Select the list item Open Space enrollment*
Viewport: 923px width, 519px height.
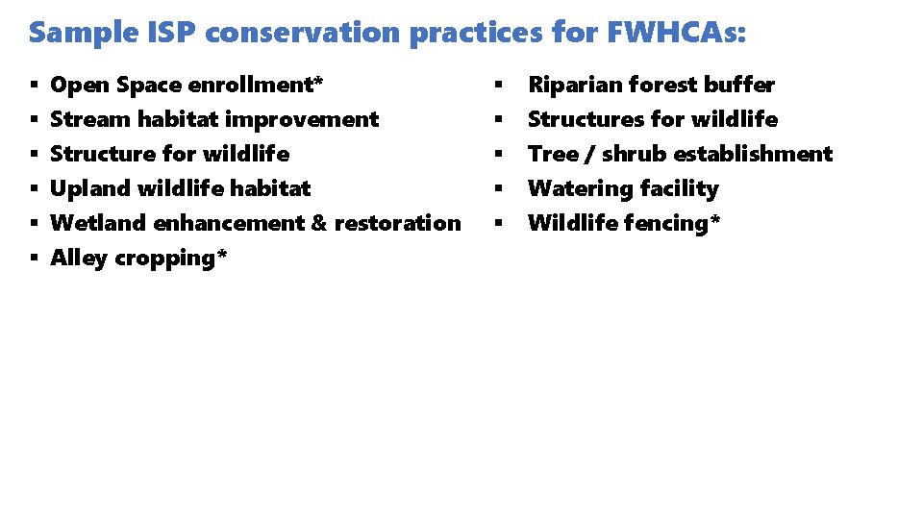coord(187,86)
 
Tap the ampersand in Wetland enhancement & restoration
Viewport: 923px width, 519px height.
coord(319,223)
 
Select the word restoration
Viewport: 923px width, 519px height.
coord(398,223)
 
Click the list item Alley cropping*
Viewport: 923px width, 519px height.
coord(138,259)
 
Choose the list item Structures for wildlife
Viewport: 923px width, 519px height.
coord(653,120)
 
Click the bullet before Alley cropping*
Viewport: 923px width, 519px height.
coord(34,259)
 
